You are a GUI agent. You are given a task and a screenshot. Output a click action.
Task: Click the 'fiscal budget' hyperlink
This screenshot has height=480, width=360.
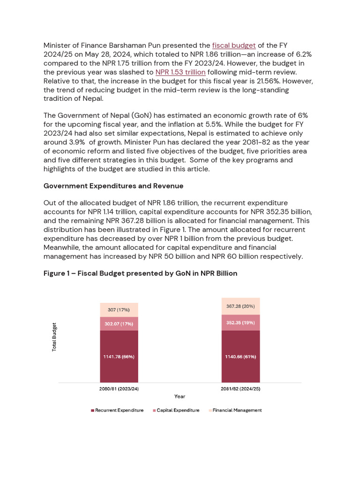tap(234, 45)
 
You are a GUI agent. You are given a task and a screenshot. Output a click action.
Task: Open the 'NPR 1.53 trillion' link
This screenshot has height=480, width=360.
tap(180, 72)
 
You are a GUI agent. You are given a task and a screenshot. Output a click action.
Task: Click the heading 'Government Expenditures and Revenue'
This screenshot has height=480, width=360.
tap(113, 186)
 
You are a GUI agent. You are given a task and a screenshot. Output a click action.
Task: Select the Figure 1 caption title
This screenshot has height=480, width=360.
tap(140, 273)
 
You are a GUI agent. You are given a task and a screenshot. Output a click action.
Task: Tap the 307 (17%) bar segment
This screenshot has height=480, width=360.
tap(119, 310)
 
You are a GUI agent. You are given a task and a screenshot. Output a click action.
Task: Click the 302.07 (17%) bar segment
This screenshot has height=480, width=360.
tap(119, 323)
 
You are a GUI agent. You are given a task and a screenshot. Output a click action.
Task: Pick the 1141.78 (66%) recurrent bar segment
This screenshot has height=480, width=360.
tap(119, 356)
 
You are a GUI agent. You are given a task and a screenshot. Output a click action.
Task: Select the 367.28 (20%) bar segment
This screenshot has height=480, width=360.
tap(240, 306)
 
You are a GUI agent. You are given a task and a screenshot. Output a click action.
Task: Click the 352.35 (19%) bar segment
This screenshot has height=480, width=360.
tap(240, 322)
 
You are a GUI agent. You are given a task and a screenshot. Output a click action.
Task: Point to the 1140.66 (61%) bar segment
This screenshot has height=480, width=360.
tap(240, 356)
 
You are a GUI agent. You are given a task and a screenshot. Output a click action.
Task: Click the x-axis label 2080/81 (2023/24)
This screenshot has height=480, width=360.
tap(119, 389)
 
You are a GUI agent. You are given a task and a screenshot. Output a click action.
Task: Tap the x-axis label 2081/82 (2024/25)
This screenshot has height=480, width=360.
tap(240, 389)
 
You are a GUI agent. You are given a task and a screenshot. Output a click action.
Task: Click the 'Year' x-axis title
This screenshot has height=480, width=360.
tap(180, 397)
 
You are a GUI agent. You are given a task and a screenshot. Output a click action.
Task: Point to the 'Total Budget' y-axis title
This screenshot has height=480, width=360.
tap(54, 337)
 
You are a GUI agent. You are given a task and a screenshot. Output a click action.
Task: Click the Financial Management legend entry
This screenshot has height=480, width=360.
tap(237, 411)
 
